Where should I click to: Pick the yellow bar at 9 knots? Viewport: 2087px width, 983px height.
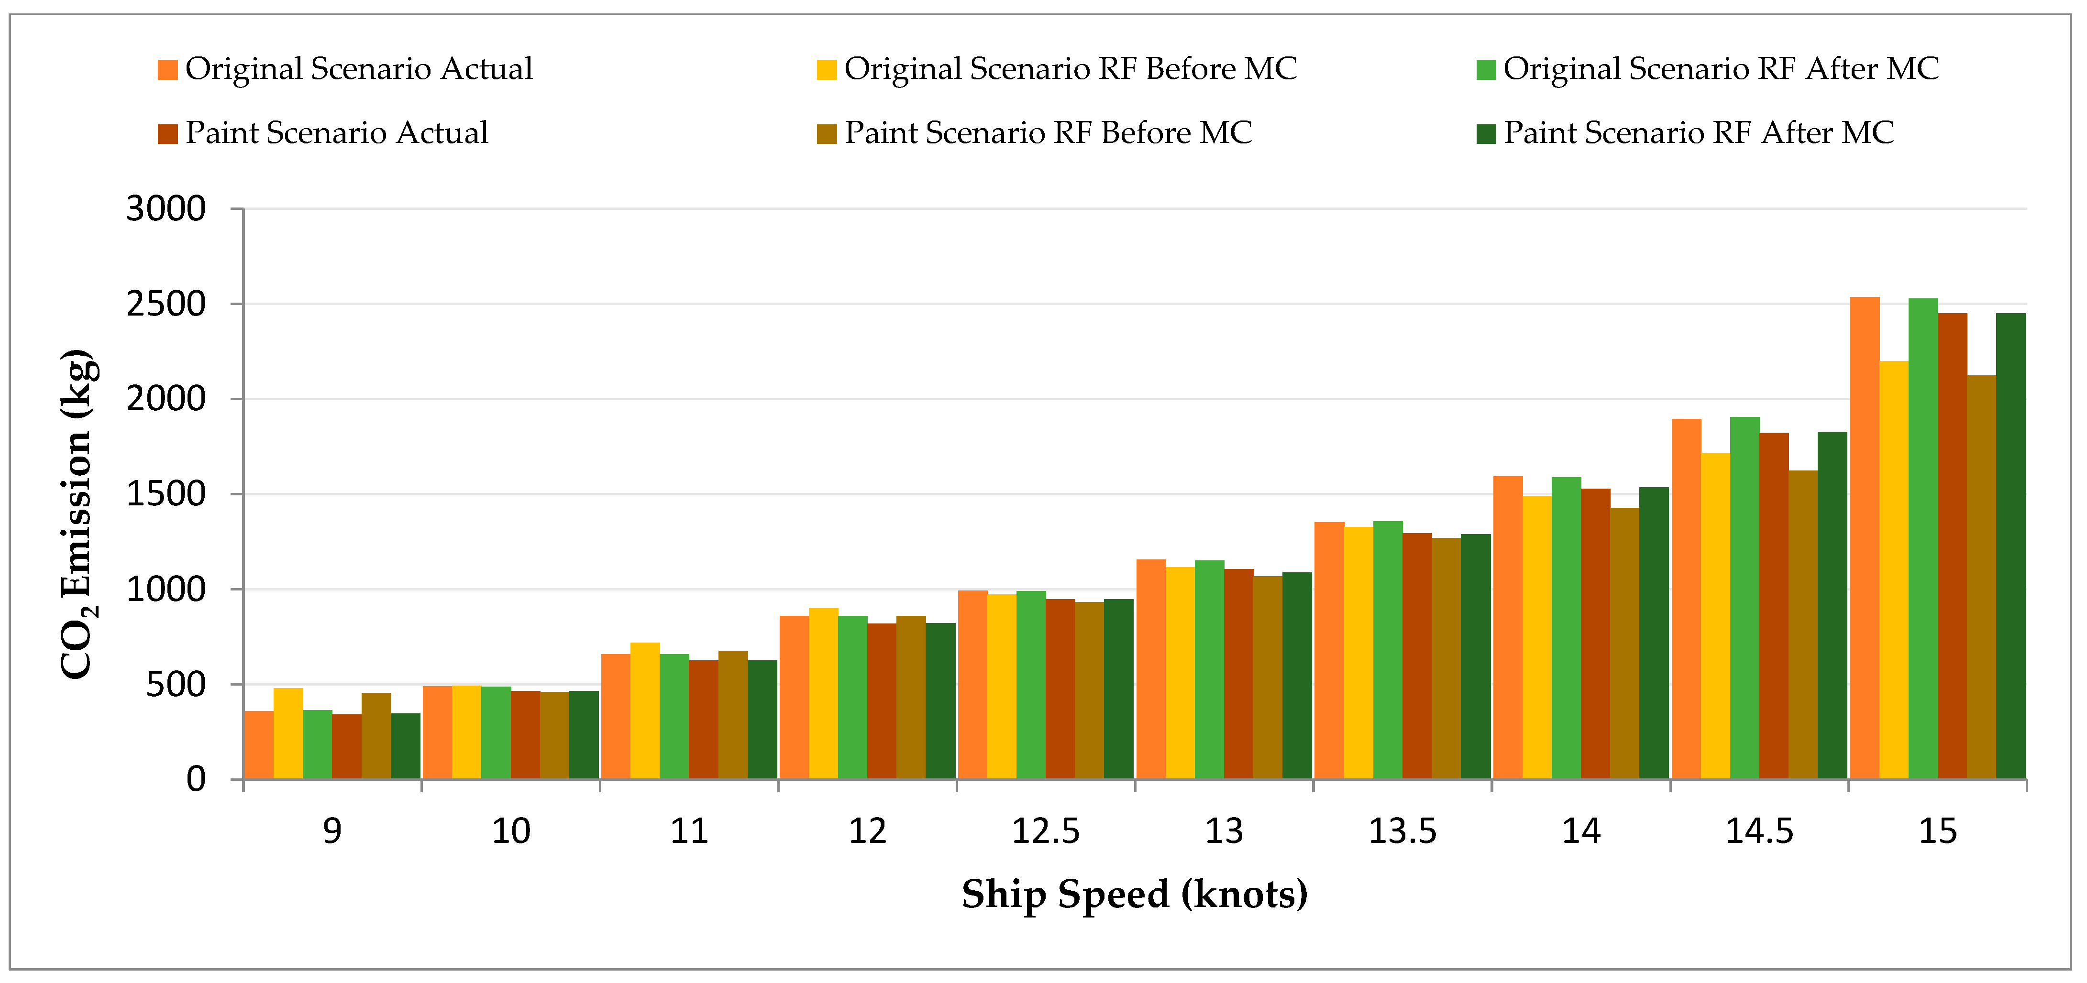point(288,733)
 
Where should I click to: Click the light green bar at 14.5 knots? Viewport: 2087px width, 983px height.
point(1745,599)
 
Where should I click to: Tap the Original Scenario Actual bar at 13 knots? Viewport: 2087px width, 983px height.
point(1151,670)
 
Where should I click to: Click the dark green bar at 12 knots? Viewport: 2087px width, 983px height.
point(940,701)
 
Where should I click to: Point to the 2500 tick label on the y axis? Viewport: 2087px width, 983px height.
point(166,305)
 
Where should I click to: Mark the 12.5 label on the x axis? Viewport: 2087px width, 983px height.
point(1046,831)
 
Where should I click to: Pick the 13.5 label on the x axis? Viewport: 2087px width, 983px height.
point(1402,831)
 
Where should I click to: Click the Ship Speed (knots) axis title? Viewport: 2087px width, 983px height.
point(1134,895)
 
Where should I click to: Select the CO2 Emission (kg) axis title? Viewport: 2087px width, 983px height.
point(78,514)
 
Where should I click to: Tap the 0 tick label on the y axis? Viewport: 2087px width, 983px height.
point(196,780)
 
